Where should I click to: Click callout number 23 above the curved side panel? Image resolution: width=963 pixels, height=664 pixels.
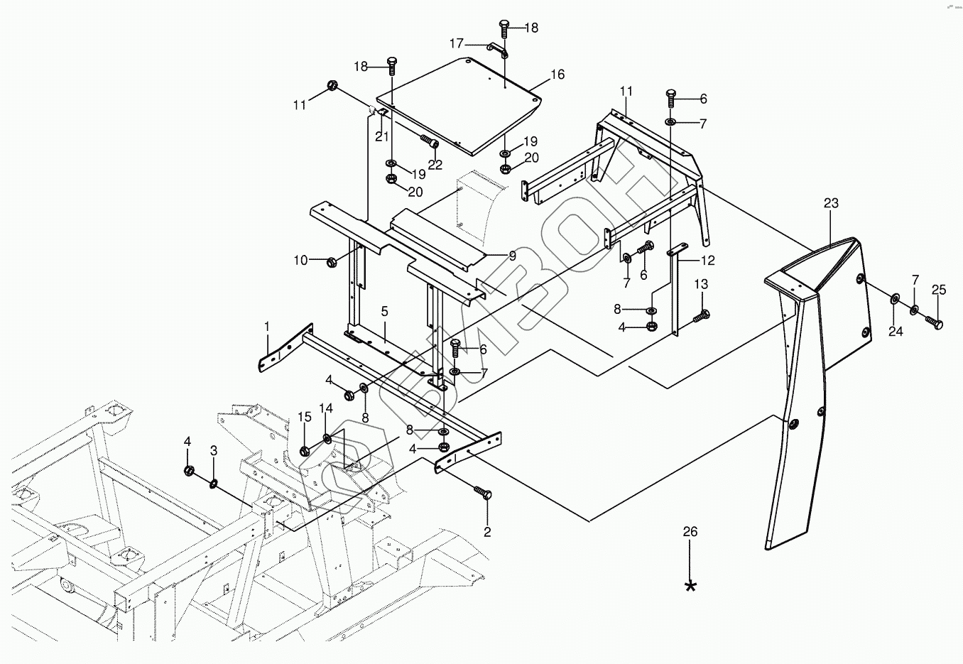pyautogui.click(x=831, y=204)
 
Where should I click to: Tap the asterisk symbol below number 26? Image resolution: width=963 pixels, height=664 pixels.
pyautogui.click(x=690, y=586)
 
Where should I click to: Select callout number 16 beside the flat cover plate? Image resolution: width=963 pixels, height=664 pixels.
pyautogui.click(x=557, y=75)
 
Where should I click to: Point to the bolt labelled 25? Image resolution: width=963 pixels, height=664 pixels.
pyautogui.click(x=933, y=322)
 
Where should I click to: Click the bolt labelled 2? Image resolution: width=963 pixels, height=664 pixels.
pyautogui.click(x=484, y=494)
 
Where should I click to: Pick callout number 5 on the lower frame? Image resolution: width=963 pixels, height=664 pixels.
pyautogui.click(x=384, y=311)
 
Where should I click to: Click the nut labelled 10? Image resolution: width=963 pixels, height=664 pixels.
pyautogui.click(x=330, y=262)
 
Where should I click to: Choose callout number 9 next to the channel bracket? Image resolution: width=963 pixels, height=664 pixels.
pyautogui.click(x=511, y=256)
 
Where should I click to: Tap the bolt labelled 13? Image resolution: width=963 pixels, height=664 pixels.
pyautogui.click(x=699, y=315)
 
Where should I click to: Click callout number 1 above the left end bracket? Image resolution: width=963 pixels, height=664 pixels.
pyautogui.click(x=267, y=326)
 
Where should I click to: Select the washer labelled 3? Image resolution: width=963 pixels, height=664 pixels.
pyautogui.click(x=213, y=484)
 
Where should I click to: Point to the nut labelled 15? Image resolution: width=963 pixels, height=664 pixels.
pyautogui.click(x=305, y=451)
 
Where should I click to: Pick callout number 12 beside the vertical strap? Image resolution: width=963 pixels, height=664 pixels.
pyautogui.click(x=707, y=261)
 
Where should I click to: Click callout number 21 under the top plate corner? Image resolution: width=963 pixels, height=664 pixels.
pyautogui.click(x=382, y=136)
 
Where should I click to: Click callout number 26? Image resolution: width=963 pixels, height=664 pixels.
pyautogui.click(x=690, y=532)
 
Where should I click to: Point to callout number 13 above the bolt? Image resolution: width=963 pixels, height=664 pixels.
pyautogui.click(x=700, y=285)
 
